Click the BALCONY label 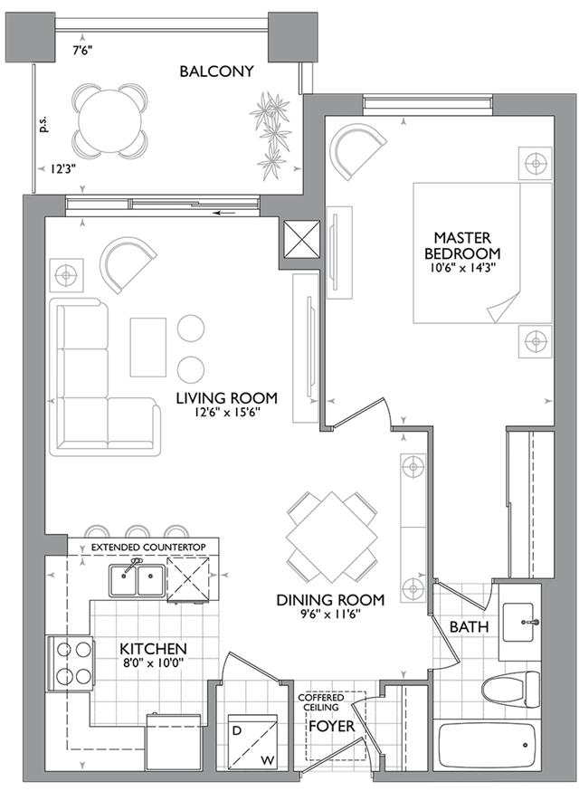click(216, 71)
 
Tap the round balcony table click(110, 120)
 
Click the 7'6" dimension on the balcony click(83, 51)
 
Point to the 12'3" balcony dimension click(62, 169)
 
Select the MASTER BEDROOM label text click(462, 244)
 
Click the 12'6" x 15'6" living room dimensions click(226, 412)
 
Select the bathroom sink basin click(518, 623)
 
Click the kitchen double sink click(137, 580)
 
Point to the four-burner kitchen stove click(70, 663)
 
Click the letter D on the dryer click(236, 730)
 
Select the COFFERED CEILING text click(321, 702)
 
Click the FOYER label click(331, 727)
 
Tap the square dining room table click(331, 537)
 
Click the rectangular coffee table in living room click(148, 347)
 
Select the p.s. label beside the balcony click(43, 125)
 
